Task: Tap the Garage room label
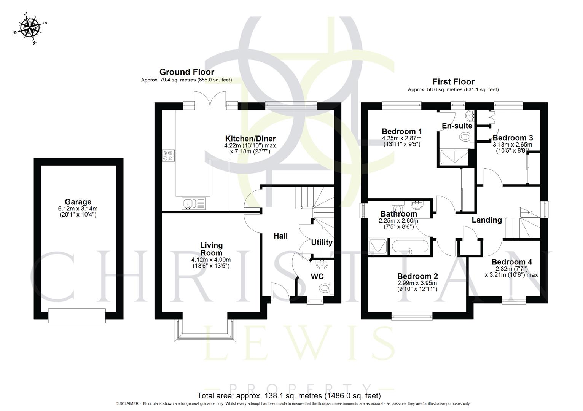[78, 202]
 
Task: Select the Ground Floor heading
[186, 72]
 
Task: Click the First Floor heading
[453, 82]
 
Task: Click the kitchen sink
[193, 204]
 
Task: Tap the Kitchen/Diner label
[250, 139]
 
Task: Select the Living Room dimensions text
[211, 263]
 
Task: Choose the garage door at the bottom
[77, 315]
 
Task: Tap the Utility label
[322, 242]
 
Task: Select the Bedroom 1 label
[401, 132]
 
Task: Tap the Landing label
[486, 220]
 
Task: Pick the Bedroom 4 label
[511, 262]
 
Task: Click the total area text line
[288, 395]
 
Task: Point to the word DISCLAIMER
[127, 404]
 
